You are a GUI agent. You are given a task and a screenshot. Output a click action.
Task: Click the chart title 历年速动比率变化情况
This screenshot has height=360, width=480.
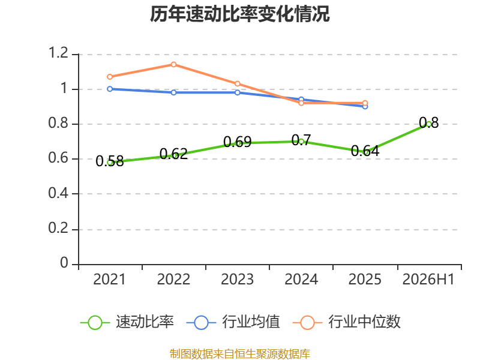(x=239, y=14)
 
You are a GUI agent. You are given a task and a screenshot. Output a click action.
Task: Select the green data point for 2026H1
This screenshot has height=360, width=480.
(x=429, y=124)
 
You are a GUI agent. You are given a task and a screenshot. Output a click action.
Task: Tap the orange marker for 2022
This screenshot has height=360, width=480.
(x=173, y=65)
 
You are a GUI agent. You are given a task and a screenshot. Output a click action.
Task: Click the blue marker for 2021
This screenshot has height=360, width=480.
(x=110, y=89)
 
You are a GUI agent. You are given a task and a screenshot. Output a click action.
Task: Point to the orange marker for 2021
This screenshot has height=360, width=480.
(x=110, y=77)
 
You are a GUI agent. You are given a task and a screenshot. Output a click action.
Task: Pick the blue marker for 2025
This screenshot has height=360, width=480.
(x=365, y=107)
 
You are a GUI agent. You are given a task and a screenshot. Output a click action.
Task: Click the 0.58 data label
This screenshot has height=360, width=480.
(x=110, y=161)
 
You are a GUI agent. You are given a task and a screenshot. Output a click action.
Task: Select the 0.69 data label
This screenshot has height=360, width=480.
(x=237, y=142)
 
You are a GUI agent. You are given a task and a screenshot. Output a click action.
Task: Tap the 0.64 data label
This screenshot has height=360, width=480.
(x=365, y=151)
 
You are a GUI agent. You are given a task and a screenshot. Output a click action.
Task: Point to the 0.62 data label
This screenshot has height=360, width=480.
(x=173, y=154)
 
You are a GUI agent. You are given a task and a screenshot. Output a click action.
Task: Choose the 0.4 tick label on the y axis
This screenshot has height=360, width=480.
(x=58, y=193)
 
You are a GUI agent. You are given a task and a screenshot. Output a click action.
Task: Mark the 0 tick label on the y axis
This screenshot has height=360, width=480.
(x=64, y=263)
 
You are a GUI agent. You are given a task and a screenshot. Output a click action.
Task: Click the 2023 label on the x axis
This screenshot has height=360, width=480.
(x=237, y=280)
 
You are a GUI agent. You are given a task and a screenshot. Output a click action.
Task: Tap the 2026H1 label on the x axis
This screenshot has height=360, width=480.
(x=428, y=280)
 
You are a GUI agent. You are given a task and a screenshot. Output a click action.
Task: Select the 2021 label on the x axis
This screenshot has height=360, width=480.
(x=110, y=280)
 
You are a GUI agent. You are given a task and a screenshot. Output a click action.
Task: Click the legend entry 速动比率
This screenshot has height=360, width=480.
(x=127, y=322)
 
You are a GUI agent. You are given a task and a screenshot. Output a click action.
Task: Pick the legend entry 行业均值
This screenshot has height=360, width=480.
(x=233, y=322)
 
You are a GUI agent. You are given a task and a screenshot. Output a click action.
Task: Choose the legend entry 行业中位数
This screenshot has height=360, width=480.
(x=347, y=322)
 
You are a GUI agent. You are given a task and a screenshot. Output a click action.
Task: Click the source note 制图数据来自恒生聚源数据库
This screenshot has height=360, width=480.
(x=240, y=354)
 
